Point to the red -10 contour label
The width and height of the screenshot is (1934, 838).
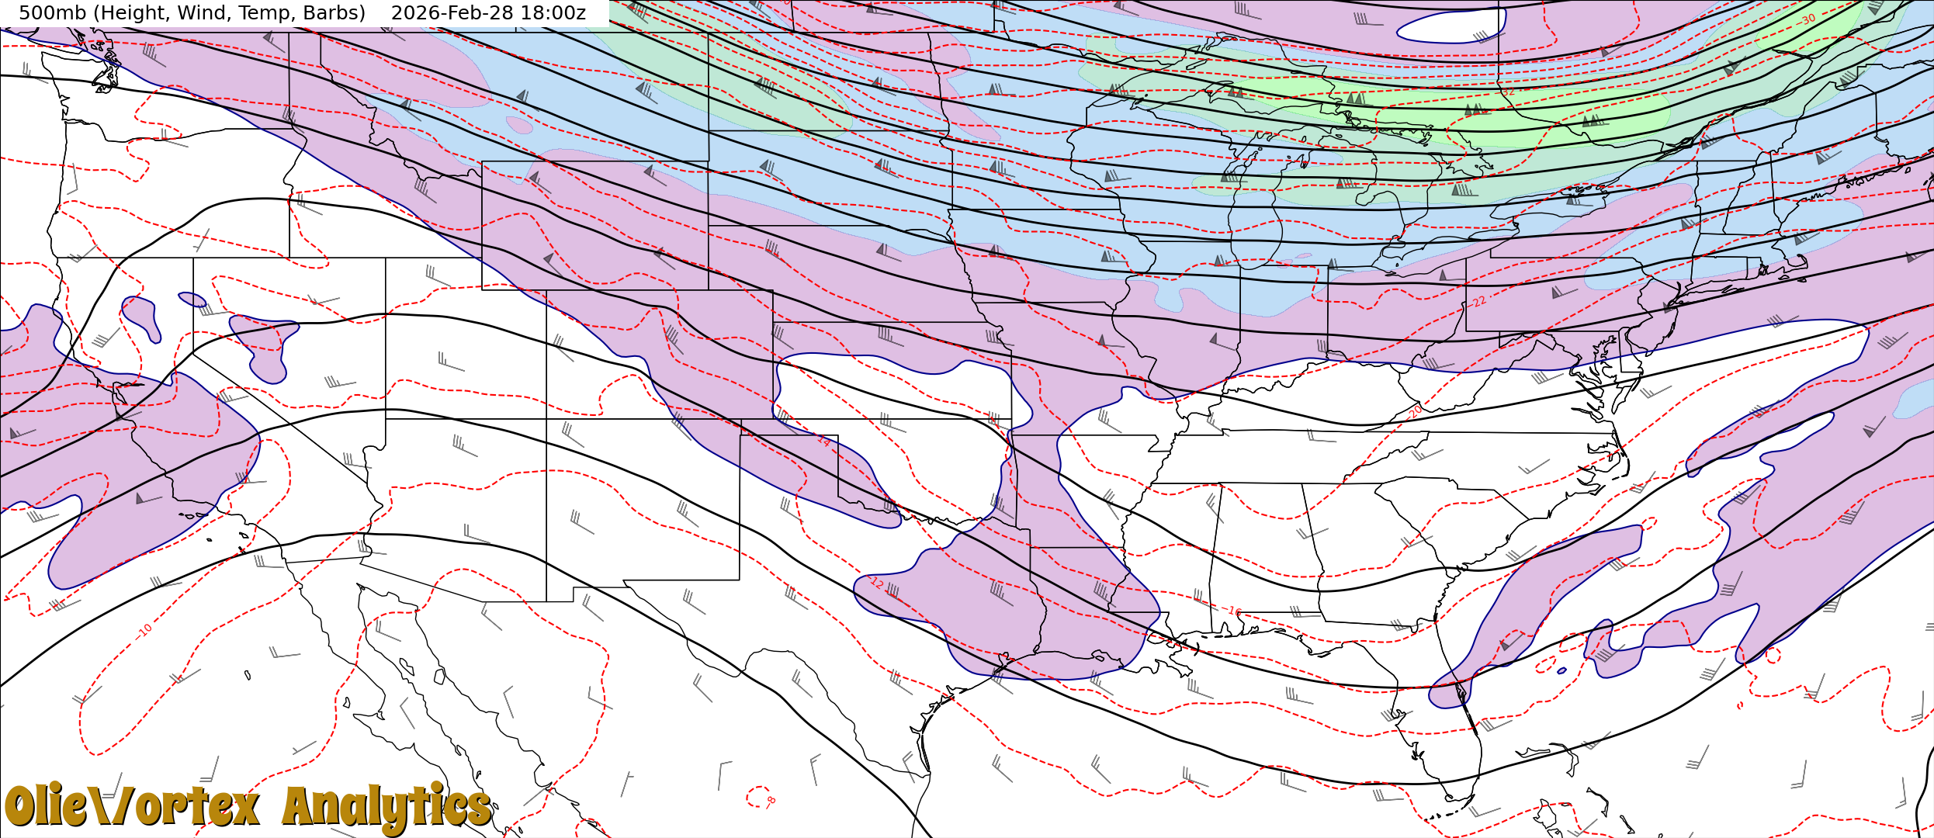[x=145, y=629]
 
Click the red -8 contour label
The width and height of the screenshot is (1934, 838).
[x=770, y=800]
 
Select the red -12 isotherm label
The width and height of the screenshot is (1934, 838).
[x=876, y=582]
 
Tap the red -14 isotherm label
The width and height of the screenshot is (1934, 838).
[x=823, y=440]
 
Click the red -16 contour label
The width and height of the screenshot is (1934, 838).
[x=1234, y=611]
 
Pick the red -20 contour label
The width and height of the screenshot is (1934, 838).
[x=1416, y=410]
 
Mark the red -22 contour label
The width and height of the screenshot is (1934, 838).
[x=1479, y=301]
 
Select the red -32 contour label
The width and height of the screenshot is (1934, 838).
[x=1507, y=92]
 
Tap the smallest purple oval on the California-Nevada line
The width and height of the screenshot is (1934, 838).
[x=192, y=299]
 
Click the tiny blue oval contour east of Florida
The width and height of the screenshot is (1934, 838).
[x=1561, y=670]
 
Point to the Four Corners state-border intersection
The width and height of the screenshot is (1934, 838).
[x=546, y=419]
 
